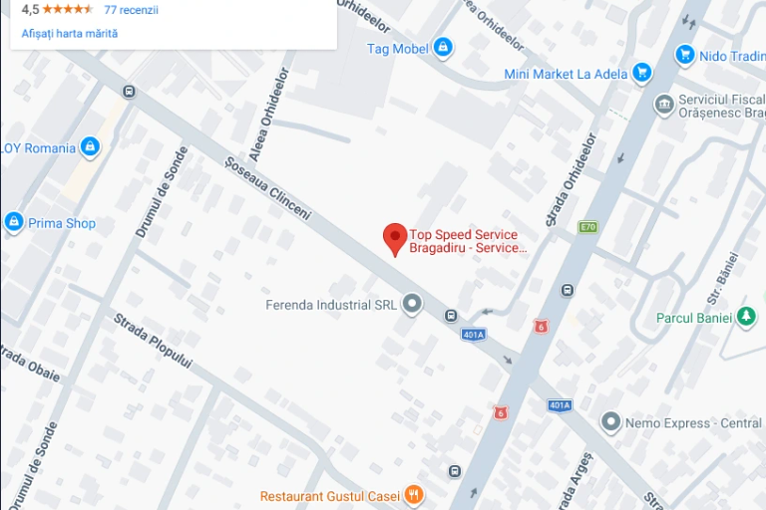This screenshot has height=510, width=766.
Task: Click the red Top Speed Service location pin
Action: click(x=395, y=238)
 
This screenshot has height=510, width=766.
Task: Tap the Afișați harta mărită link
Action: click(x=70, y=33)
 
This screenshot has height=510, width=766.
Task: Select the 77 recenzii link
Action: click(x=131, y=10)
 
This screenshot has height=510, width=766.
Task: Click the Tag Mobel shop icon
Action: click(x=443, y=47)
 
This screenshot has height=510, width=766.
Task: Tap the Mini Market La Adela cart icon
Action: click(x=642, y=73)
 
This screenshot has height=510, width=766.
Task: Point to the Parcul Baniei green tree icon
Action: click(x=746, y=318)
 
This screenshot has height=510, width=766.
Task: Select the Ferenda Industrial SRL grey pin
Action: click(x=411, y=305)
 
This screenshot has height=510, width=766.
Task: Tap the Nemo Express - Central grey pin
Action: click(x=610, y=422)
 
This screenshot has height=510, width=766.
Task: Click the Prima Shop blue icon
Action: click(x=14, y=222)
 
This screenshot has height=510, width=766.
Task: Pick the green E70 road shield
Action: click(x=587, y=227)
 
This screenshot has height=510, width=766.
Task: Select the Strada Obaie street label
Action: click(x=30, y=365)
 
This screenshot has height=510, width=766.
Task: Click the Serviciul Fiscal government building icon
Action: click(x=664, y=104)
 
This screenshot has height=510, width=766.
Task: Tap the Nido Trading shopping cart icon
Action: click(x=684, y=56)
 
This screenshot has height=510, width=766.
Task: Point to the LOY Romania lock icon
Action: click(x=90, y=147)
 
